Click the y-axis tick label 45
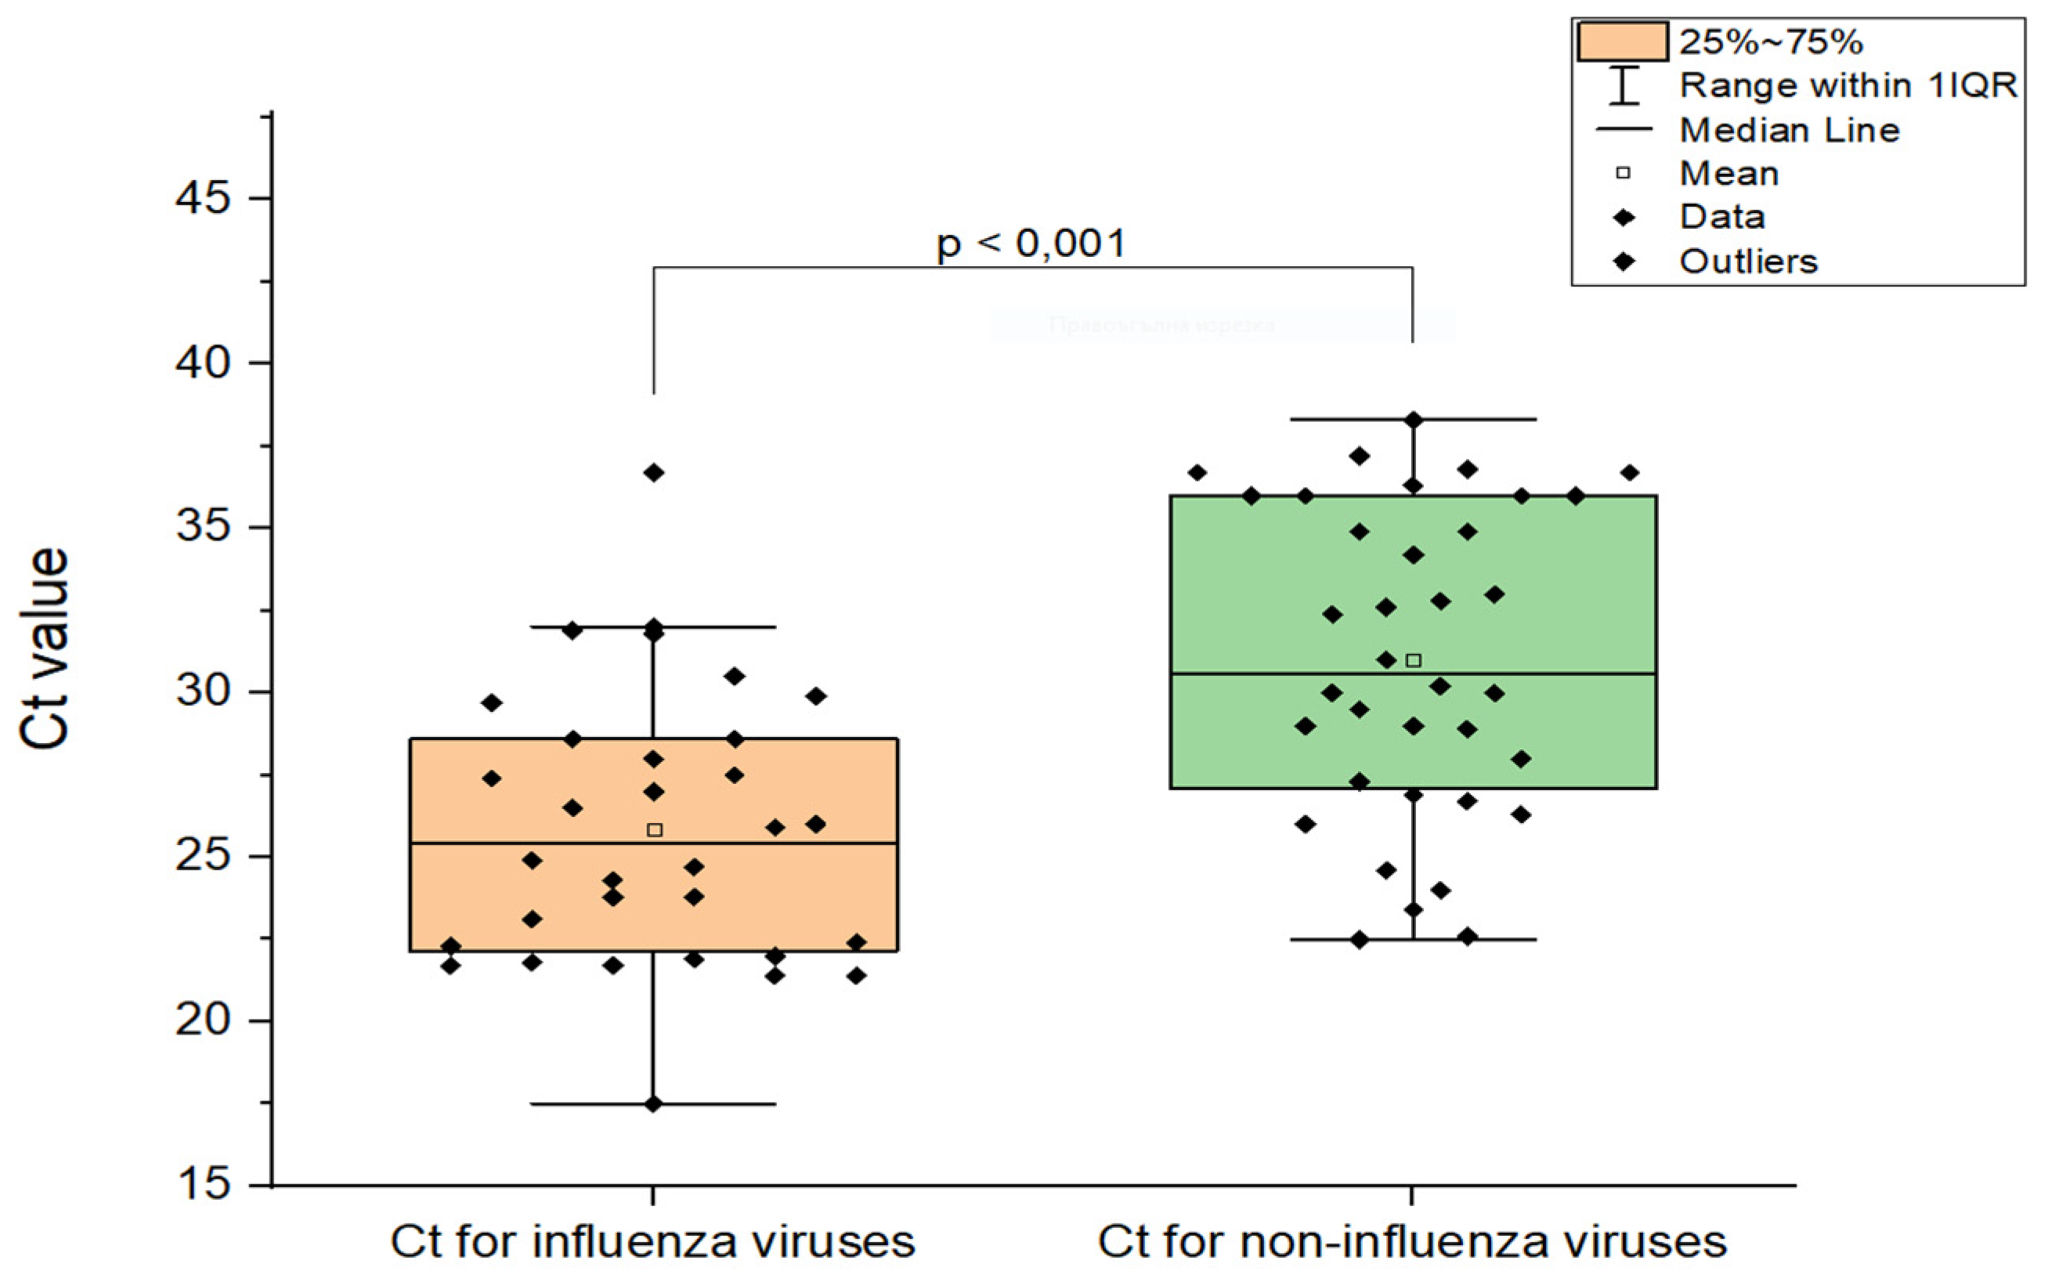[203, 198]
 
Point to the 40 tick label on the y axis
[203, 363]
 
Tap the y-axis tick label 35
[203, 526]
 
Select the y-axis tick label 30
[203, 691]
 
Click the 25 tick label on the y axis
[203, 855]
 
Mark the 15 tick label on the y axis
[203, 1183]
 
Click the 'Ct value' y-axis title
[44, 648]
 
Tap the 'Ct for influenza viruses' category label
[652, 1242]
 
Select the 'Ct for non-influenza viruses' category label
[1411, 1242]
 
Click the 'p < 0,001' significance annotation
[1031, 244]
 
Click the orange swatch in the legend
[1622, 42]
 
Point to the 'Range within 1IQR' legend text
[1848, 85]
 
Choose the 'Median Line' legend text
[1790, 130]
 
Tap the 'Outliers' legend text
[1748, 261]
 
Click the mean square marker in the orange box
[655, 830]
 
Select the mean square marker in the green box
[1414, 660]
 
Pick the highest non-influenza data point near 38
[1413, 420]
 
